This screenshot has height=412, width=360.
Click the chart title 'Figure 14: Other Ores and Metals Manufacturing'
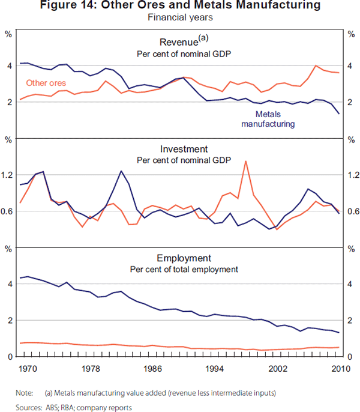click(x=180, y=6)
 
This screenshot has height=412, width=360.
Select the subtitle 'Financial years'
click(x=180, y=17)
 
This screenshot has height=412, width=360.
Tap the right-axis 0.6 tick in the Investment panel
click(x=352, y=211)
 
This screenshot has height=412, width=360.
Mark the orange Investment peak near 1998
click(x=245, y=161)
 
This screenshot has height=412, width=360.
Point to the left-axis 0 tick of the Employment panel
click(x=9, y=357)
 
